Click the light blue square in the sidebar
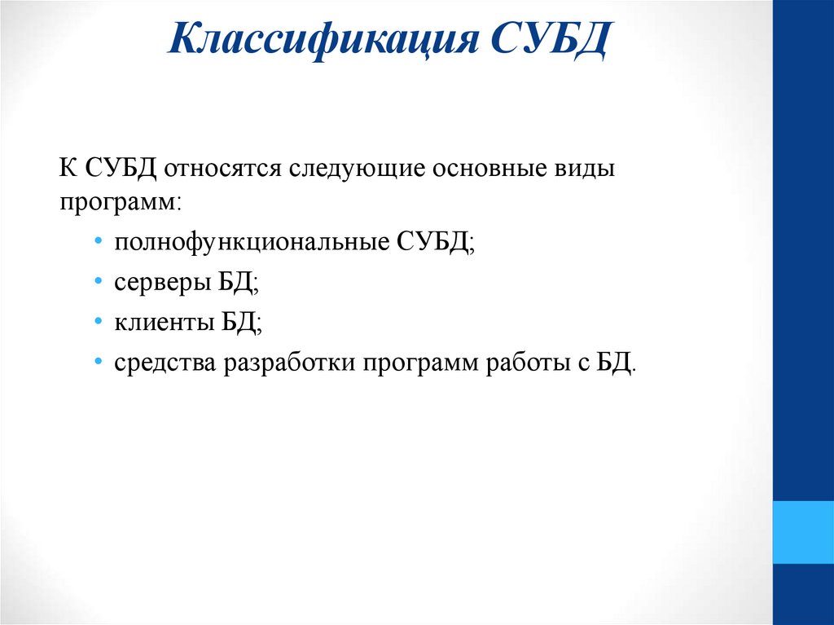pos(803,532)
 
